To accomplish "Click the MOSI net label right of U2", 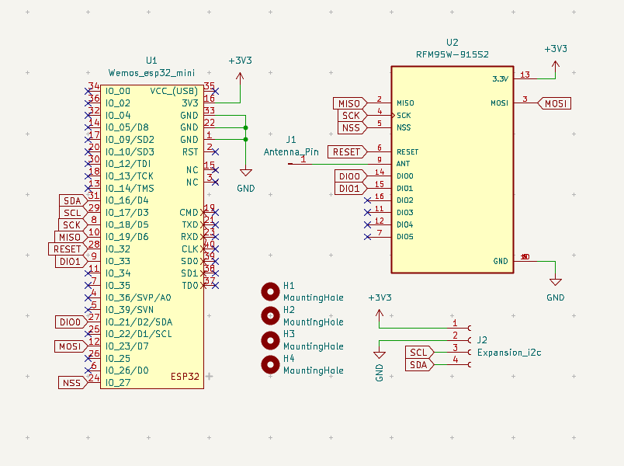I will click(555, 103).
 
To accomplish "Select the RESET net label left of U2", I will click(346, 151).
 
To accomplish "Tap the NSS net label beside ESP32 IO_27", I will click(71, 382).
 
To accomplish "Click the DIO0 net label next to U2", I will click(350, 176).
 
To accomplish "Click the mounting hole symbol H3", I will click(270, 339).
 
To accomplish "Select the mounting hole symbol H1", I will click(270, 291).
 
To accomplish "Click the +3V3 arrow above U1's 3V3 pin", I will click(240, 76).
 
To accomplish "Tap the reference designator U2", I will click(452, 42).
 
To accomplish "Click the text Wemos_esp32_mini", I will click(151, 72).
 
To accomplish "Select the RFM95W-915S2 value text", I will click(452, 54).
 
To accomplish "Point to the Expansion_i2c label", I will click(509, 353).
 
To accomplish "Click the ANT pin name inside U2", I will click(403, 164).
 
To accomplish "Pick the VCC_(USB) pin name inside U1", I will click(174, 91).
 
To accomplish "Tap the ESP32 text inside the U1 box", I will click(185, 377).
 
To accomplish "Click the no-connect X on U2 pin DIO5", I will click(367, 237).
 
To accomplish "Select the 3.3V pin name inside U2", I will click(500, 79).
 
